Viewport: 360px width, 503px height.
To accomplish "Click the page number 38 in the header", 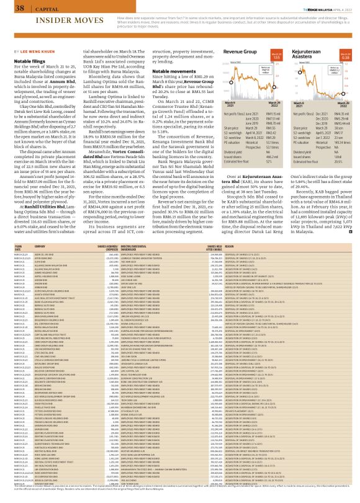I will pos(11,8).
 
